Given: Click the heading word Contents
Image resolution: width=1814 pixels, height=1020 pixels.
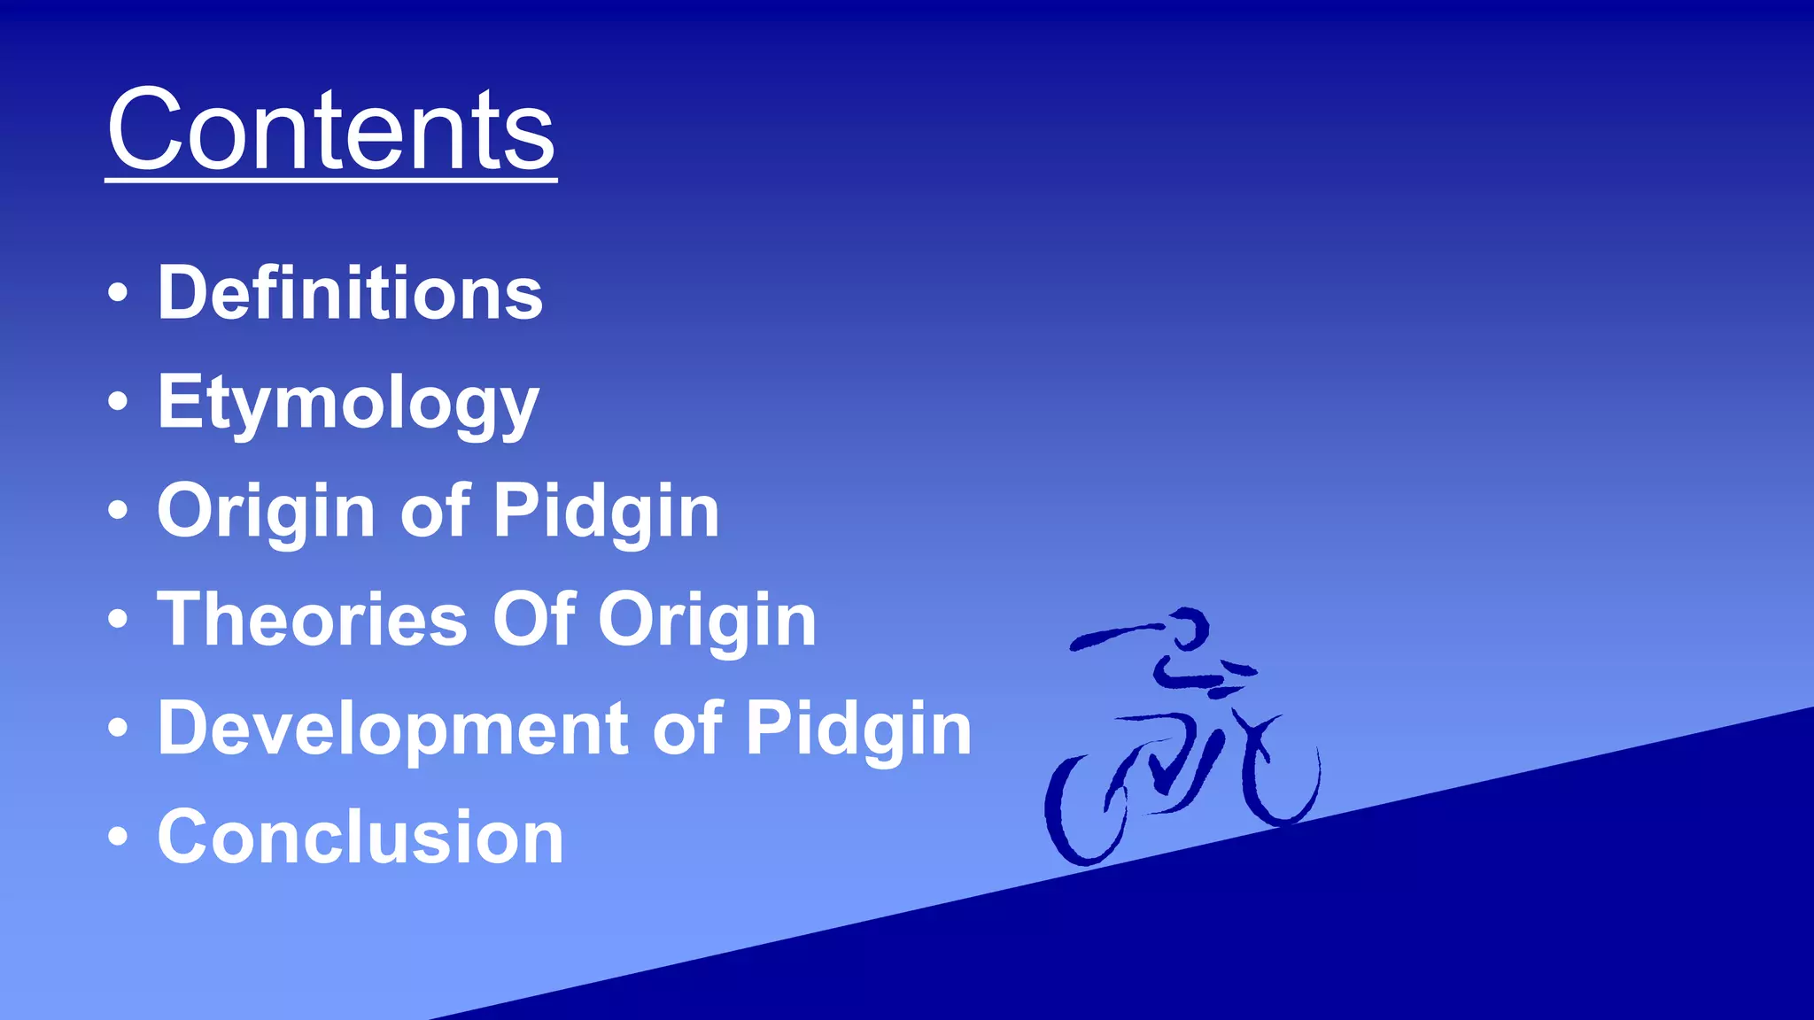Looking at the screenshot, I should [330, 131].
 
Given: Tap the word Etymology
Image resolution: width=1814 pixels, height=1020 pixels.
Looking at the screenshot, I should [348, 404].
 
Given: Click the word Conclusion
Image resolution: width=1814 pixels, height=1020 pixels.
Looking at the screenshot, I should [360, 837].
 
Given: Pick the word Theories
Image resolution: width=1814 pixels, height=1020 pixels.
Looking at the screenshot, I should [312, 620].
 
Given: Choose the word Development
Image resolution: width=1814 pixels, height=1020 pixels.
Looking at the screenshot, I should [393, 729].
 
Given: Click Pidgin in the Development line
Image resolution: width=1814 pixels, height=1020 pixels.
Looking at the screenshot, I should [858, 729].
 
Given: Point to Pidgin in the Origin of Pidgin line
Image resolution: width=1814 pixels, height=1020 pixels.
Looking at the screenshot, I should [606, 511].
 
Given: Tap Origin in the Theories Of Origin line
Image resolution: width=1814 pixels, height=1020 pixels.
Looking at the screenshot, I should [707, 620].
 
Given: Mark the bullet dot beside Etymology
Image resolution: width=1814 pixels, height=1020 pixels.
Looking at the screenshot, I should [118, 402].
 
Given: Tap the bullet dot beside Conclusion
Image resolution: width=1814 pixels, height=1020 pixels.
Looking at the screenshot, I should [118, 837].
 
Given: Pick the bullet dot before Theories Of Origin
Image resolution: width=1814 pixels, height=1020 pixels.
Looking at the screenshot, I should [118, 620].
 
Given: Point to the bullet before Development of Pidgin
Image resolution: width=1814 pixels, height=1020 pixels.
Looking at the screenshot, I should [118, 728].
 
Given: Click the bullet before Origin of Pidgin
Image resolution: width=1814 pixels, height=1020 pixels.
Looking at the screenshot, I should [118, 511].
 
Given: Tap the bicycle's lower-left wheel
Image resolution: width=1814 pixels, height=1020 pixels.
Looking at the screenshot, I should [1086, 810].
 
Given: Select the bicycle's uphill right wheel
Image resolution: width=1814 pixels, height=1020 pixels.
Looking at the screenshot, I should [1281, 775].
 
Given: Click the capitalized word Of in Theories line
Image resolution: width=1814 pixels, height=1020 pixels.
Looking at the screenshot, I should [533, 620].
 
